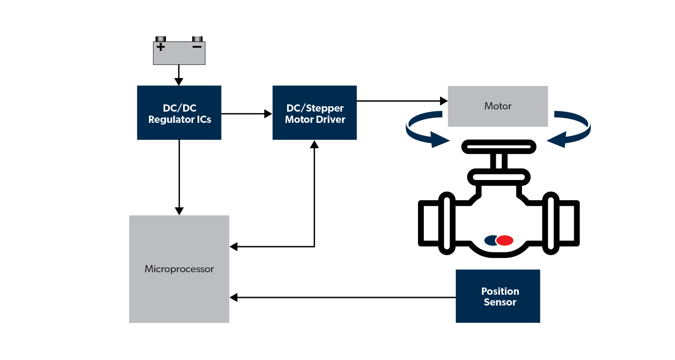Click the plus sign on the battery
point(161,47)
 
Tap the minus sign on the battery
point(197,47)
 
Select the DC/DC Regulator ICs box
point(179,113)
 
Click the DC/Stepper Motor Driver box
point(315,113)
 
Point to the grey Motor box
point(498,106)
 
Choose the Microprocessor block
point(179,269)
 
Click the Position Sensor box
point(498,296)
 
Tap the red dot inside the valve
point(505,241)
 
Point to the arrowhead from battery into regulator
point(179,81)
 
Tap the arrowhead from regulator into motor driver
point(268,114)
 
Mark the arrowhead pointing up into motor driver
point(315,144)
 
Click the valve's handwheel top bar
point(499,147)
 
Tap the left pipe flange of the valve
point(446,220)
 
